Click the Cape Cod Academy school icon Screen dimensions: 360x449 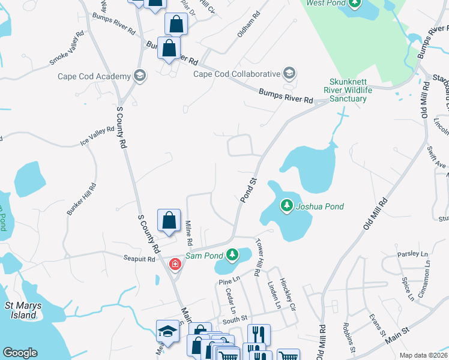tap(140, 75)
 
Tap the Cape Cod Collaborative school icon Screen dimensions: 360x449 tap(289, 74)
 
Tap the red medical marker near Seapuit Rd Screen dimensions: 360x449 tap(175, 264)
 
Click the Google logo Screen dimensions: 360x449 tap(20, 353)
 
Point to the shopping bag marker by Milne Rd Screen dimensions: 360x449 tap(169, 221)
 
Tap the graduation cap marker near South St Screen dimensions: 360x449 tap(167, 331)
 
